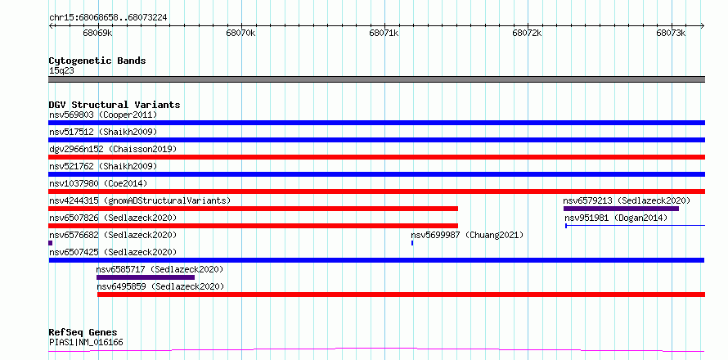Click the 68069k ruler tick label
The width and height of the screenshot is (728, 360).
[x=97, y=34]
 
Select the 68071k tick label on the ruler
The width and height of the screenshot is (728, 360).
[x=384, y=34]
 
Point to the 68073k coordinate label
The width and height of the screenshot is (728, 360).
[x=671, y=34]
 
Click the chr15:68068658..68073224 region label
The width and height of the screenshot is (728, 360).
[x=108, y=18]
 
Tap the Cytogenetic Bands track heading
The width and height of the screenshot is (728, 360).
[x=97, y=61]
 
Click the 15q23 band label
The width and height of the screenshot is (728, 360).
[x=61, y=71]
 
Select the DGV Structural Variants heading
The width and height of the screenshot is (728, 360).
[x=115, y=105]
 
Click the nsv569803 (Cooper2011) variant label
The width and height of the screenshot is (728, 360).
[x=103, y=115]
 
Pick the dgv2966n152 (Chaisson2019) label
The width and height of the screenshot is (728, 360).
[x=113, y=149]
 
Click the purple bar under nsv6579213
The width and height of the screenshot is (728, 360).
[x=621, y=209]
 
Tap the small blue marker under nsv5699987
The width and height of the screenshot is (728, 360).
[x=412, y=243]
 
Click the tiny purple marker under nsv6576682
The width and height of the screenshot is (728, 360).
[x=51, y=243]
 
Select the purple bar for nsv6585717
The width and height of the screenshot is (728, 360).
[x=146, y=277]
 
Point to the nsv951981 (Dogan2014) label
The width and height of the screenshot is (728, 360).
[x=616, y=218]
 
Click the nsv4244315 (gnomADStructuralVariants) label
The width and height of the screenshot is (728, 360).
[x=140, y=200]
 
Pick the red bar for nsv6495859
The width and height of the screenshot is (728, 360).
[x=401, y=295]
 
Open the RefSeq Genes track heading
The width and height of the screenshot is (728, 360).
[x=83, y=333]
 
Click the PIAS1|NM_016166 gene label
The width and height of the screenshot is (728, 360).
[x=86, y=343]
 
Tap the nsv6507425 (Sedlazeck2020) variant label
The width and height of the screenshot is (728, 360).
[x=113, y=252]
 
